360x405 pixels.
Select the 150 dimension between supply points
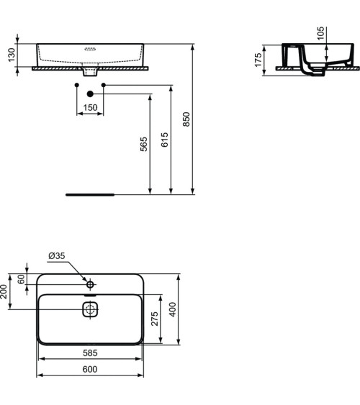(x=90, y=108)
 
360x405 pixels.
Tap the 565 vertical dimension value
(x=143, y=144)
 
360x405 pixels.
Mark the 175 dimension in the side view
(x=258, y=59)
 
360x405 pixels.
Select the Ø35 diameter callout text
(x=57, y=257)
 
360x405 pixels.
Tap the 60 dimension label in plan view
(x=21, y=279)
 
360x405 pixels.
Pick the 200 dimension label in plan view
(x=4, y=291)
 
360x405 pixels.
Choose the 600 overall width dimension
(x=90, y=369)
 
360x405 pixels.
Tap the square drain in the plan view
(x=90, y=310)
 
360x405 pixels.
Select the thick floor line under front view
(x=90, y=194)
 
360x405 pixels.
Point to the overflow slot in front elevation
(x=90, y=50)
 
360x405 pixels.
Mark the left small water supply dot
(x=76, y=86)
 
